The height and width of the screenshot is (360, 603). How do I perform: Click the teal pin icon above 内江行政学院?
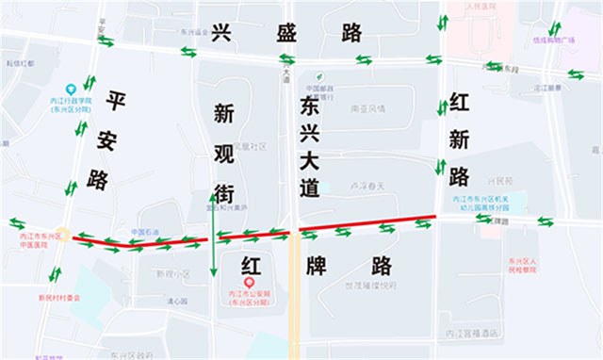tap(71, 89)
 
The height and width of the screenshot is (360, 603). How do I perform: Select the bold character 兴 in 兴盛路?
tap(222, 33)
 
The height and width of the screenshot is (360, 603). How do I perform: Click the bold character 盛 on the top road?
tap(286, 33)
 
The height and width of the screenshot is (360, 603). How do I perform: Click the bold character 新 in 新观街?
tap(225, 115)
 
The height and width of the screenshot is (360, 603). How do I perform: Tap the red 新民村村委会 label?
tap(60, 299)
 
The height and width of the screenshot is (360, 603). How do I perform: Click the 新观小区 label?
tap(172, 274)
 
